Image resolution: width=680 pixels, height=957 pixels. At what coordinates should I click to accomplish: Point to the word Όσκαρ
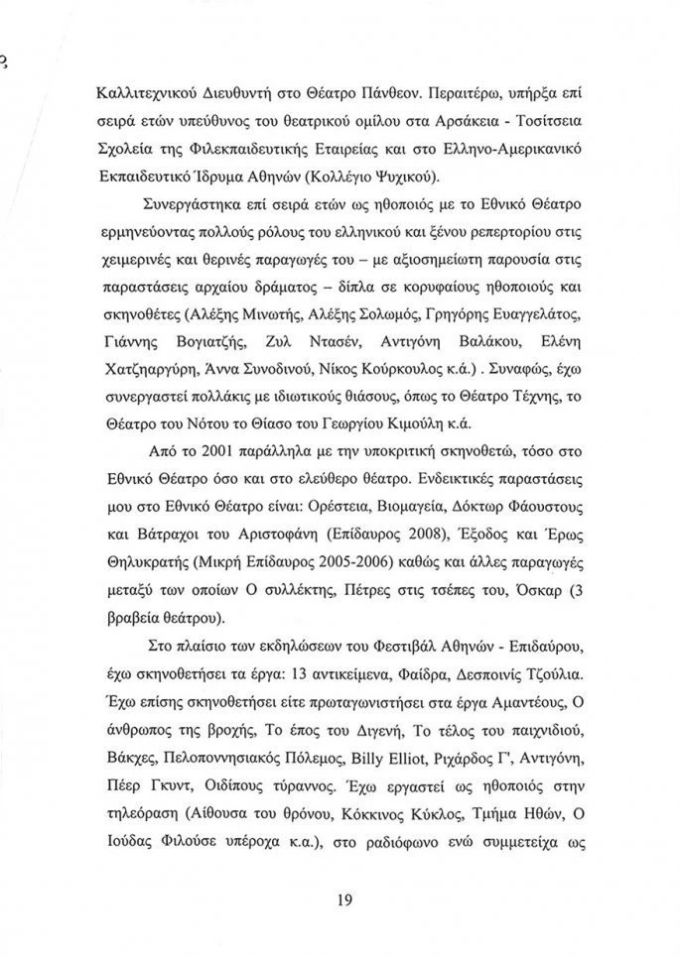[x=574, y=590]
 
